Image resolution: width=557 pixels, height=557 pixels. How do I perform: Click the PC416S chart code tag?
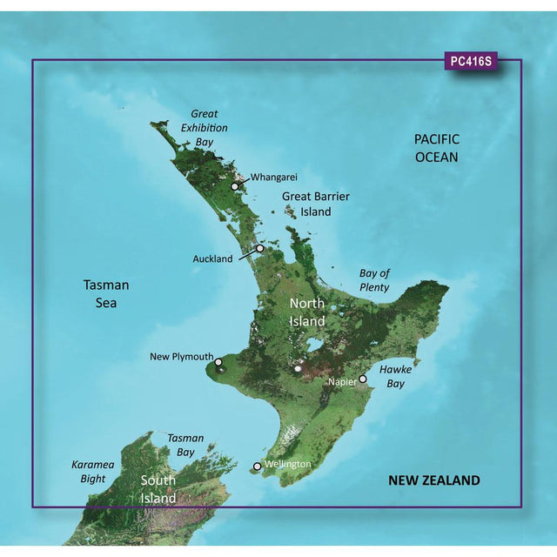[470, 62]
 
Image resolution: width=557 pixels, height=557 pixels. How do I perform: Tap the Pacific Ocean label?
[436, 148]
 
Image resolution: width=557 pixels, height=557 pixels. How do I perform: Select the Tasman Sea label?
[106, 293]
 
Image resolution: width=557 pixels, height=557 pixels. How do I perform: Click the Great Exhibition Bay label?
[205, 128]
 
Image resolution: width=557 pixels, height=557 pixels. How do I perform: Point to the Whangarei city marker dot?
[234, 186]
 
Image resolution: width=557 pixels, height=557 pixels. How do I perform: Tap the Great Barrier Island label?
[316, 204]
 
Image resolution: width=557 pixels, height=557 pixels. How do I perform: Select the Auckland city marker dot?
[259, 248]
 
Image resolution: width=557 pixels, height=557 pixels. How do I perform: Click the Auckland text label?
[213, 258]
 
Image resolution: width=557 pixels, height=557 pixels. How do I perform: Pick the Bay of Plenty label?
[374, 280]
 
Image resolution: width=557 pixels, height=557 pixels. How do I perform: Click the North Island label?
[306, 312]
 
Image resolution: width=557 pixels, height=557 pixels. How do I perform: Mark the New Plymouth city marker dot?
[218, 362]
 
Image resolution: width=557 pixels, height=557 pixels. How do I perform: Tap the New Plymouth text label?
[180, 357]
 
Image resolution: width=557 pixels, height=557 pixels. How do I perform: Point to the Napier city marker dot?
[363, 380]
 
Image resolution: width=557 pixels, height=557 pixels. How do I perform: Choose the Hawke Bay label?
[396, 376]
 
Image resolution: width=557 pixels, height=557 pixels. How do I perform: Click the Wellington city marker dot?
[257, 466]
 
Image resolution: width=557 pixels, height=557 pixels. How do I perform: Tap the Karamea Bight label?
[92, 471]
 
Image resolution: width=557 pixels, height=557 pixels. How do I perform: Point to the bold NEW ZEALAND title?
[433, 480]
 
